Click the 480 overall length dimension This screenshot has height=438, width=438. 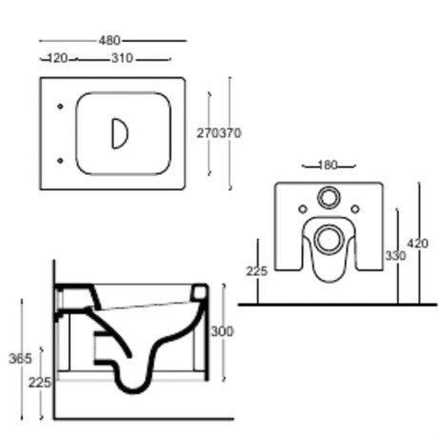[x=109, y=41]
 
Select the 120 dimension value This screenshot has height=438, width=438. [x=57, y=58]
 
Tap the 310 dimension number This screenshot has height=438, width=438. [x=122, y=58]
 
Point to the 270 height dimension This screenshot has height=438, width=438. [x=208, y=133]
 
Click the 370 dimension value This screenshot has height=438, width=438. [x=230, y=133]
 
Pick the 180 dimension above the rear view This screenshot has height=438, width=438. [x=328, y=166]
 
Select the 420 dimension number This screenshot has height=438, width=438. [x=418, y=244]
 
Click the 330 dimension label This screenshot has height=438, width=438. [x=395, y=255]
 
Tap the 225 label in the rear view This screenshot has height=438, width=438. [x=257, y=271]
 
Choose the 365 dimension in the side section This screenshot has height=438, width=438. [x=20, y=359]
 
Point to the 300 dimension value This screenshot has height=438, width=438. [x=222, y=331]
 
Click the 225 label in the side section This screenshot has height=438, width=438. [x=39, y=383]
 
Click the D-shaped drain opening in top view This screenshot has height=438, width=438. [x=120, y=133]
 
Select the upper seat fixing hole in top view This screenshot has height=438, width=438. [x=60, y=107]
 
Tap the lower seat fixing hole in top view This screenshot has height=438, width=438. [x=60, y=161]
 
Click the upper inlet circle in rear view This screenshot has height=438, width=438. [x=328, y=198]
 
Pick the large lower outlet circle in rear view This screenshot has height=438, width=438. [x=328, y=239]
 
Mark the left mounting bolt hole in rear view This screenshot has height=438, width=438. [x=303, y=209]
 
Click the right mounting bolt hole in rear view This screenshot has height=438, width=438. [x=355, y=209]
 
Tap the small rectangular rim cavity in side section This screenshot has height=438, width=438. [x=199, y=292]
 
